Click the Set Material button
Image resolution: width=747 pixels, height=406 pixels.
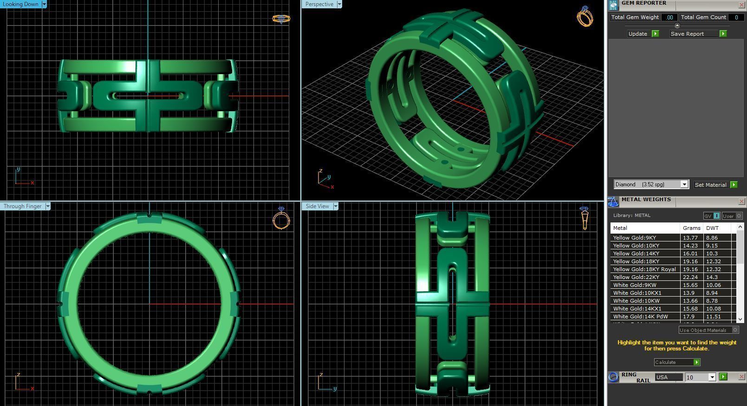point(715,184)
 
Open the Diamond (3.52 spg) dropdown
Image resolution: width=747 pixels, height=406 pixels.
point(684,184)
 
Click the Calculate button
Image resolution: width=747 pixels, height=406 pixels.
point(676,362)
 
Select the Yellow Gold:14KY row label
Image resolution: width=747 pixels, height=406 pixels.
point(636,254)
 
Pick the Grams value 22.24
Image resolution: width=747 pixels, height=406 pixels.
point(690,277)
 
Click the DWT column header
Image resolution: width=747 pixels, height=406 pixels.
point(712,228)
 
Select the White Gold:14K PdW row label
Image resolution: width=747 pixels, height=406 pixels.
point(640,317)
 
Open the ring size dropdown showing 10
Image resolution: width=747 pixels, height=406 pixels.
point(712,377)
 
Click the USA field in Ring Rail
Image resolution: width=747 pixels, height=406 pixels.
point(668,377)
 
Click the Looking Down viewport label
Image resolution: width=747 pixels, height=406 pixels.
point(21,4)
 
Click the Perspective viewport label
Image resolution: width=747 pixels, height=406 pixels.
point(319,4)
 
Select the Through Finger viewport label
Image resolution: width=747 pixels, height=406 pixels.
point(22,206)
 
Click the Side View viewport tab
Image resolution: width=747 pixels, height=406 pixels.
point(318,206)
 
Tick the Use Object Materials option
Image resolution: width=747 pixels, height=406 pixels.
point(735,330)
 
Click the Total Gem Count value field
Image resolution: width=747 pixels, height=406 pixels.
point(736,17)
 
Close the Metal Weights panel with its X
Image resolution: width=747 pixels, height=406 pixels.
point(741,201)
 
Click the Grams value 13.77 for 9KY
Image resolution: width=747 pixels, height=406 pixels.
point(690,238)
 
